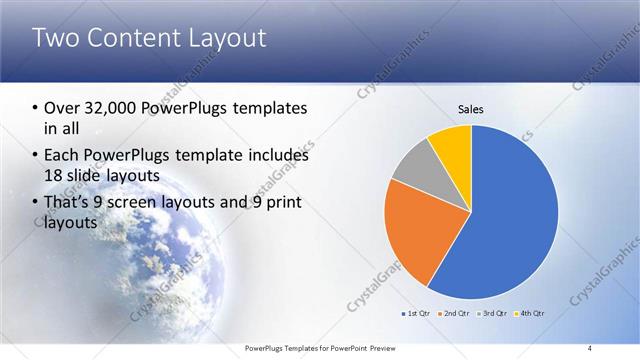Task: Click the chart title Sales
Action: click(471, 109)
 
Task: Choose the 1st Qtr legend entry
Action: click(416, 313)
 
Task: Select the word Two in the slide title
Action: click(55, 39)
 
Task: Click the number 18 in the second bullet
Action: click(54, 175)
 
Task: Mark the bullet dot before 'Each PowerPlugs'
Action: click(36, 157)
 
